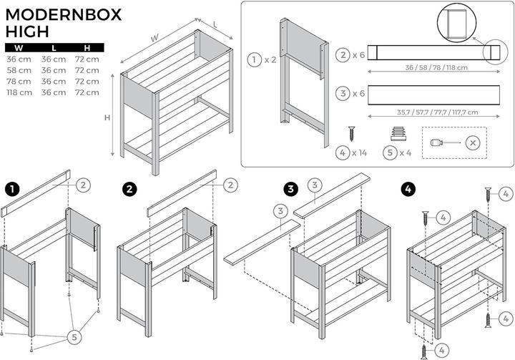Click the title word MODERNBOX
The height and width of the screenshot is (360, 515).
click(64, 14)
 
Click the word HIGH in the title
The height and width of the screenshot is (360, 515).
click(28, 31)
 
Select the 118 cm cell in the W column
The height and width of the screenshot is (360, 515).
click(19, 92)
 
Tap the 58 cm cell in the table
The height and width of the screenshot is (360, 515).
click(19, 70)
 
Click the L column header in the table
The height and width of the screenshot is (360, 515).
click(53, 48)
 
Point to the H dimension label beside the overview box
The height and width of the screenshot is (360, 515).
click(107, 118)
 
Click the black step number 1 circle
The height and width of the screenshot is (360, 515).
click(12, 189)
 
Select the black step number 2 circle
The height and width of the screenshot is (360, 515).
click(129, 189)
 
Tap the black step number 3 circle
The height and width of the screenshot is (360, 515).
click(290, 189)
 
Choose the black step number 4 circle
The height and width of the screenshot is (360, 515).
click(408, 189)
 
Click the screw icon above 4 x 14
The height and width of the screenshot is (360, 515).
click(352, 133)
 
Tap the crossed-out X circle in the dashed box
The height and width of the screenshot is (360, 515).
click(472, 142)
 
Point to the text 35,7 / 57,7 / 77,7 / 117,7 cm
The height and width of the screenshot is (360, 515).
click(426, 112)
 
